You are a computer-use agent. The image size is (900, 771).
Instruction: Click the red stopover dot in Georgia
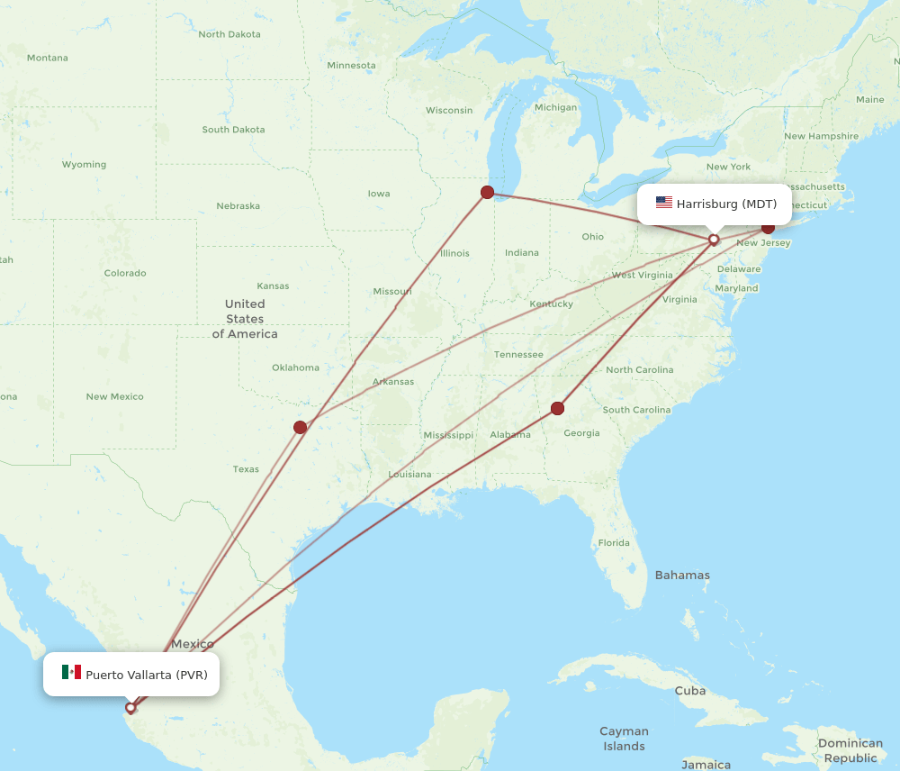click(x=557, y=408)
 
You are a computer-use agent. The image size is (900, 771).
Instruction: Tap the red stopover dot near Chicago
click(x=487, y=192)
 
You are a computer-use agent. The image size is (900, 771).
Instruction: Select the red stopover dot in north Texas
click(x=300, y=427)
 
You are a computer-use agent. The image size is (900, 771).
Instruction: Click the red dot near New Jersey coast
click(x=768, y=227)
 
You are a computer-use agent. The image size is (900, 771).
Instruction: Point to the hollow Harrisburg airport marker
click(x=714, y=240)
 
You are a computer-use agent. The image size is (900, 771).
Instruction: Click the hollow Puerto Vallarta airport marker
click(x=130, y=707)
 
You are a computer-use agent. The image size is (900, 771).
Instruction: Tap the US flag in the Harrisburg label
click(x=664, y=204)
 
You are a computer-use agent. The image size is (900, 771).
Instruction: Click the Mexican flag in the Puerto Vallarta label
click(x=71, y=673)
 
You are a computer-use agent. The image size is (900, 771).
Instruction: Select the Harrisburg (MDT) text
click(x=726, y=204)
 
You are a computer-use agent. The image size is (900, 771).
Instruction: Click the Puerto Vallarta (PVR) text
click(x=147, y=674)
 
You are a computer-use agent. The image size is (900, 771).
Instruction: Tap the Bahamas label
click(x=682, y=575)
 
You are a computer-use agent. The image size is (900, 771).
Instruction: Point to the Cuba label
click(x=690, y=691)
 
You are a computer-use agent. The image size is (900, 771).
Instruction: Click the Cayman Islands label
click(x=624, y=739)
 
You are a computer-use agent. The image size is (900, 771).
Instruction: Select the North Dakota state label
click(x=229, y=34)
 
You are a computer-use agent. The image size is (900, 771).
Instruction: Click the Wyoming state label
click(x=84, y=165)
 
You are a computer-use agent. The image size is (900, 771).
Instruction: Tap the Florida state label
click(x=614, y=543)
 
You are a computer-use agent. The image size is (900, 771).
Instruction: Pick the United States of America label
click(x=245, y=319)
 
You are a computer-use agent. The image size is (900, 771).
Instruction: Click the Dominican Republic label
click(x=850, y=750)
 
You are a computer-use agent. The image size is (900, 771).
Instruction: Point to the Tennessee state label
click(x=518, y=355)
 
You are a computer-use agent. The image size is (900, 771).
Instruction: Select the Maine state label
click(x=869, y=99)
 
